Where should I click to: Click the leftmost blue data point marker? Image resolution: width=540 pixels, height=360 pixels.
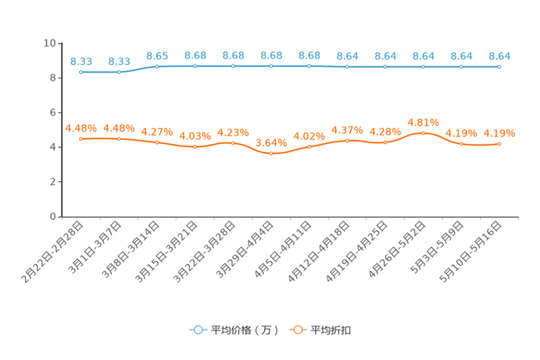[x=81, y=72]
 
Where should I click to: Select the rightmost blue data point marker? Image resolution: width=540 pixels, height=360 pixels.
[x=499, y=67]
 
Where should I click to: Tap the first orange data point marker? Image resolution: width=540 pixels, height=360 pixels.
[x=81, y=139]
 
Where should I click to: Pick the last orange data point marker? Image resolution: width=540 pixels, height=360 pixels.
[x=499, y=144]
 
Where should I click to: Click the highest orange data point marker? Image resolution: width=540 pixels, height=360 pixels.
[x=423, y=133]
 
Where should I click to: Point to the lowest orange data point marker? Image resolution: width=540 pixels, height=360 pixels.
[x=271, y=154]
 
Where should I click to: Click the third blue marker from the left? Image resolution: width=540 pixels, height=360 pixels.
[x=157, y=67]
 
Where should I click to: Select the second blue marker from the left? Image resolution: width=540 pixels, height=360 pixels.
[x=119, y=72]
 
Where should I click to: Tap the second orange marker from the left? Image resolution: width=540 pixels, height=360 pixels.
[x=119, y=139]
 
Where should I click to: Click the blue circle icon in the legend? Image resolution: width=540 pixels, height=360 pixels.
[x=197, y=330]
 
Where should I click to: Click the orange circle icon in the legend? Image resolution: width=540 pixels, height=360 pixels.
[x=298, y=330]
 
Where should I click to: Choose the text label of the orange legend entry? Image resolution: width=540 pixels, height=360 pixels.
[x=332, y=330]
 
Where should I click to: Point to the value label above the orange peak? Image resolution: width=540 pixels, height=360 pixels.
[x=423, y=122]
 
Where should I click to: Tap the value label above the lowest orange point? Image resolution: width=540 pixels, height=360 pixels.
[x=271, y=142]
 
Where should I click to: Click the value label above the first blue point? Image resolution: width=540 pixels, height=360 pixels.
[x=81, y=61]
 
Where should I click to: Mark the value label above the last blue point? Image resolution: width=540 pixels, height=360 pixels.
[x=499, y=55]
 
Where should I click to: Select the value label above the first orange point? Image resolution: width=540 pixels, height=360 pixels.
[x=81, y=128]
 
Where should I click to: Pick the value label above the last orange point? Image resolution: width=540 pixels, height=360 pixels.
[x=499, y=133]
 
